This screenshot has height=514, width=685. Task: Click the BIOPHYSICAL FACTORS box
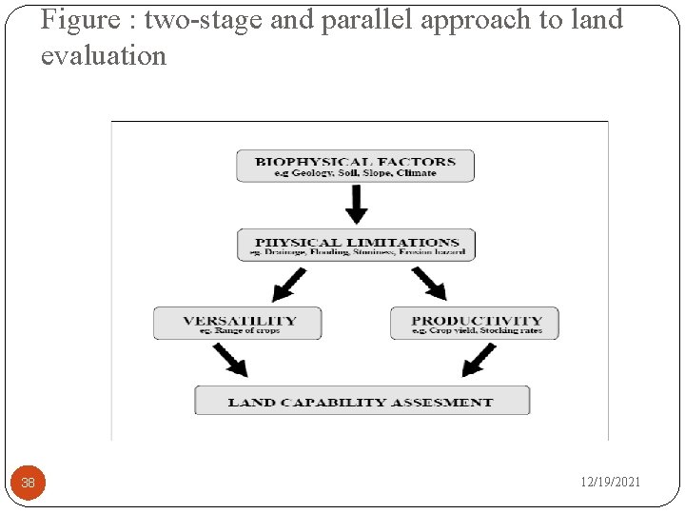(355, 166)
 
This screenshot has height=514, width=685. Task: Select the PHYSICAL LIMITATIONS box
(356, 246)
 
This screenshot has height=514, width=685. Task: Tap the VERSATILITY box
(238, 324)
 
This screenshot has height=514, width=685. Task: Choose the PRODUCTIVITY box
(474, 324)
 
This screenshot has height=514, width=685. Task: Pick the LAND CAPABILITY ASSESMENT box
(362, 401)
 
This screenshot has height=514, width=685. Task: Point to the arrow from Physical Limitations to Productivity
(427, 284)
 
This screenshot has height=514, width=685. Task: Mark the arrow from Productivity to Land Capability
(478, 360)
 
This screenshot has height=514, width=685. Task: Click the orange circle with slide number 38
(29, 483)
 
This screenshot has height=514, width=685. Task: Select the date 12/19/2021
(611, 483)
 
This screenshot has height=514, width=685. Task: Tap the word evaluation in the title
(103, 55)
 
